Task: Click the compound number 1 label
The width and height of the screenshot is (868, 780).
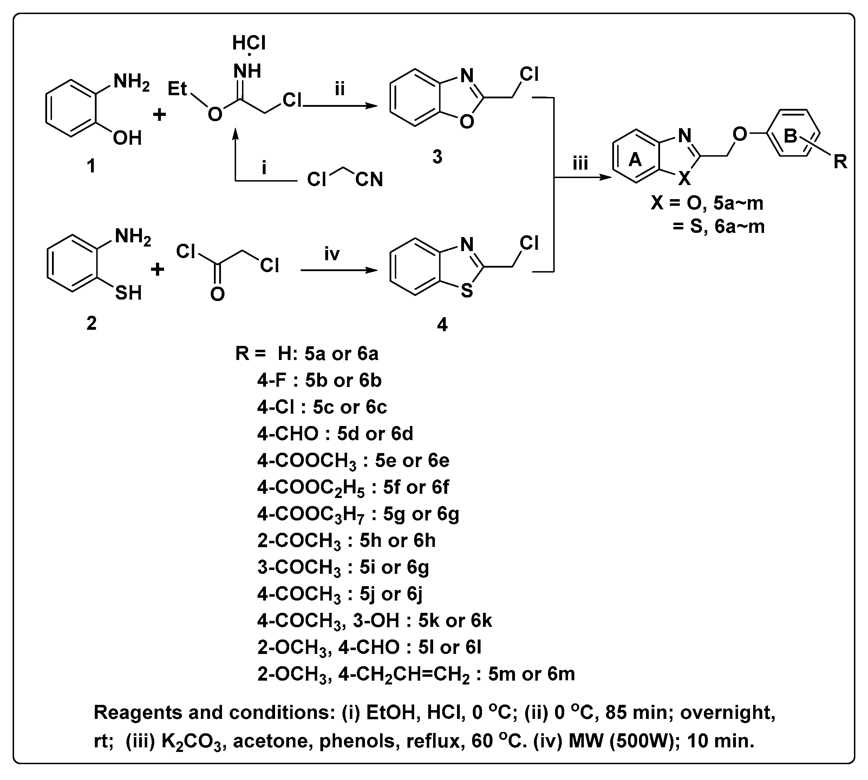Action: pyautogui.click(x=91, y=166)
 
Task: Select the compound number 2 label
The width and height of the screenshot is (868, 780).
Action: pyautogui.click(x=91, y=323)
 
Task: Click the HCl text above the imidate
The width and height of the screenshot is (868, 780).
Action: pyautogui.click(x=249, y=43)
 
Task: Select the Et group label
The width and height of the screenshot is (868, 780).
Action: pyautogui.click(x=177, y=89)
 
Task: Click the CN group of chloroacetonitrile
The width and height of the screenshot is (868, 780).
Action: pyautogui.click(x=368, y=179)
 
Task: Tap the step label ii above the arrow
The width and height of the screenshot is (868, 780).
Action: pyautogui.click(x=339, y=89)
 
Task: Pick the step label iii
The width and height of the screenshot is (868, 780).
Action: pyautogui.click(x=580, y=163)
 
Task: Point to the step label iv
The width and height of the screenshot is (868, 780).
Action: pyautogui.click(x=332, y=254)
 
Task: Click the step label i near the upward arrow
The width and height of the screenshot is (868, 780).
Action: pyautogui.click(x=264, y=168)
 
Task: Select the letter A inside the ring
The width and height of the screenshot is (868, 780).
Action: pyautogui.click(x=635, y=160)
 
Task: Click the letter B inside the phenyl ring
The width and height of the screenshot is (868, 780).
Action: pyautogui.click(x=790, y=136)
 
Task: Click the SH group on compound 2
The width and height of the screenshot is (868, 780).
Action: pyautogui.click(x=128, y=293)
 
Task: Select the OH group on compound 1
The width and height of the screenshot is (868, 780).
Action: pyautogui.click(x=127, y=138)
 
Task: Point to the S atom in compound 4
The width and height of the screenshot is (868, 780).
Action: pyautogui.click(x=467, y=291)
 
